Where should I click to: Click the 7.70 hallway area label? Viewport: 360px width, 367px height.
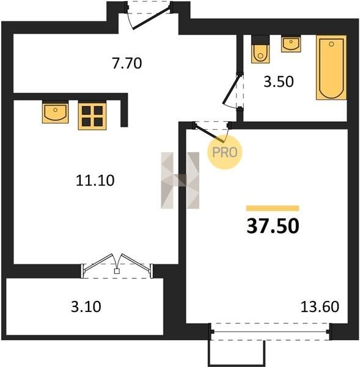point(127,63)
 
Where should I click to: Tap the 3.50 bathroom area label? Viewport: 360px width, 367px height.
point(279,82)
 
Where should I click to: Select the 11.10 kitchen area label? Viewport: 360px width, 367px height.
point(95,180)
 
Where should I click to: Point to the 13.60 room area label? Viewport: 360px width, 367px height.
point(320,306)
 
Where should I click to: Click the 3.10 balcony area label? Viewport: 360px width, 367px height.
point(86,306)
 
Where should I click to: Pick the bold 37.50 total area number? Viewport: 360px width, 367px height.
point(273,226)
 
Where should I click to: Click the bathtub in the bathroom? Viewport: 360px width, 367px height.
point(331,68)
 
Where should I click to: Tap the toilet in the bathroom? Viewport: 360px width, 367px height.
point(260,49)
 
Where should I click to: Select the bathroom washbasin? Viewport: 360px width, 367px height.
point(291,44)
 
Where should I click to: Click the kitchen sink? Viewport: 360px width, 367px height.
point(55,112)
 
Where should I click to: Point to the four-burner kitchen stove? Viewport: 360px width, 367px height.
point(92,116)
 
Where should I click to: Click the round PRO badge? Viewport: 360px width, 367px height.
point(225,152)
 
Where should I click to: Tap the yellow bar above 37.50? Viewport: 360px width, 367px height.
point(273,208)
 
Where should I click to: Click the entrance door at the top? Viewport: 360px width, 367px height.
point(149,15)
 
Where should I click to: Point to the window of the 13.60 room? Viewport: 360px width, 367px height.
point(270,332)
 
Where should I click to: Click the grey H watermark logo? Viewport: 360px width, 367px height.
point(180,180)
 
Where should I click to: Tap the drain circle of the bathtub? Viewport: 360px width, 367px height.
point(331,44)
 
